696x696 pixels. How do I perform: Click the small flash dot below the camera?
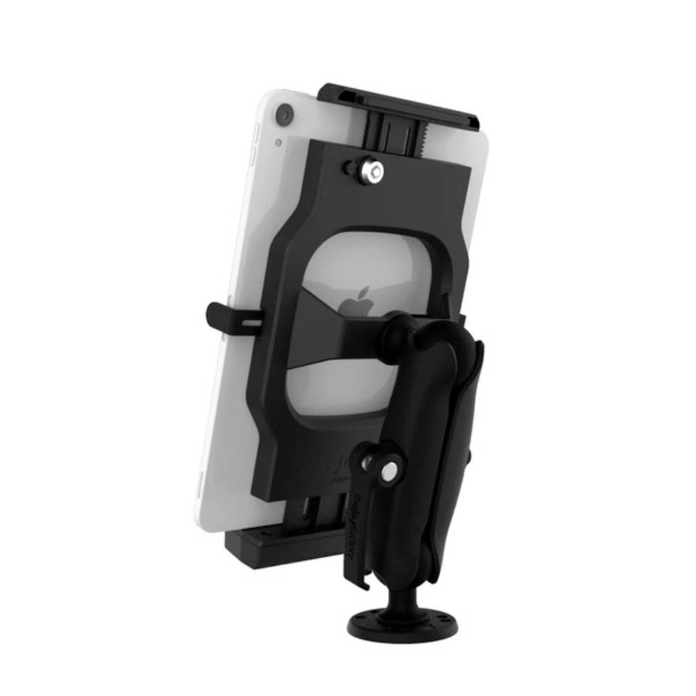278,143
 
